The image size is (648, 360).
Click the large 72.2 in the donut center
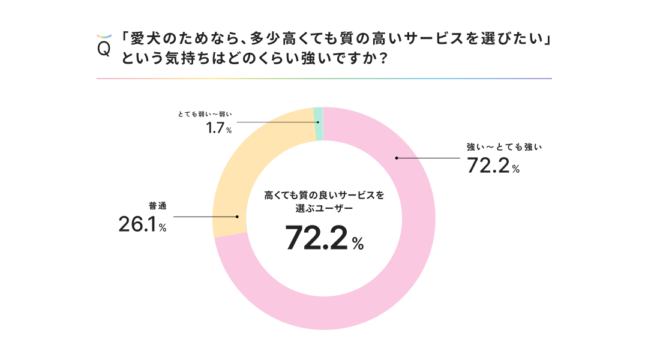click(x=316, y=238)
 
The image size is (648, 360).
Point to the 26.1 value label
click(x=137, y=224)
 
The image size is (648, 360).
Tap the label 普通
click(x=157, y=206)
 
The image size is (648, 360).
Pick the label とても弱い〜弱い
click(x=204, y=113)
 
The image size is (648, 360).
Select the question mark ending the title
click(x=380, y=59)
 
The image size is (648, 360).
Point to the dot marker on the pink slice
click(x=397, y=158)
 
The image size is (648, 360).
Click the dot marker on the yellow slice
click(x=238, y=217)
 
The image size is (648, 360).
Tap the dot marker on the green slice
click(x=317, y=122)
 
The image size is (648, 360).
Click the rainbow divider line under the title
click(x=324, y=79)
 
